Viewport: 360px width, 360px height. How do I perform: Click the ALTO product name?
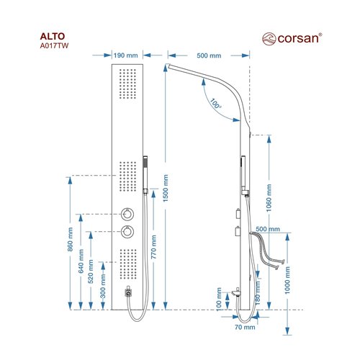pyautogui.click(x=53, y=36)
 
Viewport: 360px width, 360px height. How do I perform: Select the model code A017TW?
pyautogui.click(x=54, y=45)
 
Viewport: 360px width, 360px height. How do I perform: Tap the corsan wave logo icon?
pyautogui.click(x=269, y=39)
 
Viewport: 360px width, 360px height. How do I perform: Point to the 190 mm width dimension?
pyautogui.click(x=125, y=55)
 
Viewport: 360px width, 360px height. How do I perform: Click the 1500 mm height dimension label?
pyautogui.click(x=166, y=188)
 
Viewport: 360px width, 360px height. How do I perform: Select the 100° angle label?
pyautogui.click(x=215, y=103)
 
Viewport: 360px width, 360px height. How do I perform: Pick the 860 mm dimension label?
pyautogui.click(x=70, y=239)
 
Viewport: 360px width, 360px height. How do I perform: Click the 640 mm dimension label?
pyautogui.click(x=81, y=261)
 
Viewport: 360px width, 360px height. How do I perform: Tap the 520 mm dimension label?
pyautogui.click(x=91, y=271)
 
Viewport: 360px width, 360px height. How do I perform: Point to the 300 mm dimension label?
pyautogui.click(x=103, y=286)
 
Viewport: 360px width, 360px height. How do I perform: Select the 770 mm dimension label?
pyautogui.click(x=154, y=247)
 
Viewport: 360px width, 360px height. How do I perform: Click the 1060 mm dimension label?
pyautogui.click(x=269, y=198)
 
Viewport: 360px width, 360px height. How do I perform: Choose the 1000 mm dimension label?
pyautogui.click(x=287, y=280)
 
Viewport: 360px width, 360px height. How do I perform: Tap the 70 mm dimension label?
pyautogui.click(x=245, y=327)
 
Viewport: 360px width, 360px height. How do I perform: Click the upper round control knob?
pyautogui.click(x=127, y=214)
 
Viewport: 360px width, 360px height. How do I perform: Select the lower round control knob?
pyautogui.click(x=127, y=232)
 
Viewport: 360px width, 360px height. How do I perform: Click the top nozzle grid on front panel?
pyautogui.click(x=127, y=84)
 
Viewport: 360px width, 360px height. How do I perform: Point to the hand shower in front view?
pyautogui.click(x=145, y=175)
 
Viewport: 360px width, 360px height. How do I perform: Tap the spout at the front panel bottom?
pyautogui.click(x=129, y=292)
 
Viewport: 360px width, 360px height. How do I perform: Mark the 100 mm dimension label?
pyautogui.click(x=219, y=300)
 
